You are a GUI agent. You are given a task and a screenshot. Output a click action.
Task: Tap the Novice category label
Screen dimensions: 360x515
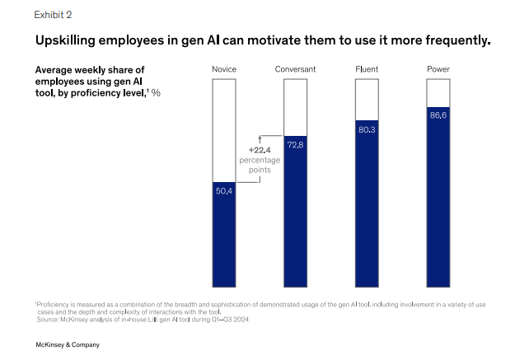click(x=225, y=68)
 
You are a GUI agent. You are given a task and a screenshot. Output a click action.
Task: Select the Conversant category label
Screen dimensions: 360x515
click(x=295, y=68)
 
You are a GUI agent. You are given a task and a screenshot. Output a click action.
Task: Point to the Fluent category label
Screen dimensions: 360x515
click(x=367, y=68)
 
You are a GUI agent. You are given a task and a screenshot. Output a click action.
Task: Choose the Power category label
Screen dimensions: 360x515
click(x=438, y=68)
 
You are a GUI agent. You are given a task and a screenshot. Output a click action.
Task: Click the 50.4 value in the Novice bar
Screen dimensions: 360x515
click(x=225, y=191)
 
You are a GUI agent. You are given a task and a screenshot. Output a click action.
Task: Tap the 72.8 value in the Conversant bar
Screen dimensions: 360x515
click(x=295, y=145)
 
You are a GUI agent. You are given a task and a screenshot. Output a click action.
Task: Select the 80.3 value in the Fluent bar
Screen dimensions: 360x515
click(x=367, y=129)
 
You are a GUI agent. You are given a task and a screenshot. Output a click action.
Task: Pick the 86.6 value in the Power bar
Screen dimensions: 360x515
click(x=438, y=115)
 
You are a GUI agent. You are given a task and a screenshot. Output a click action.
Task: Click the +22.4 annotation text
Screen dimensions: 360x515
click(x=260, y=149)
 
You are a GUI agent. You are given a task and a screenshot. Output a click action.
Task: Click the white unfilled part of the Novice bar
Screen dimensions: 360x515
click(x=225, y=128)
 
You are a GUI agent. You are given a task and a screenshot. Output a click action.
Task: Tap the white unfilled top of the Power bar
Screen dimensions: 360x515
click(x=438, y=92)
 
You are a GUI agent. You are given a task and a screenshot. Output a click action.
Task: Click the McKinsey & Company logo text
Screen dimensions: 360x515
click(x=67, y=344)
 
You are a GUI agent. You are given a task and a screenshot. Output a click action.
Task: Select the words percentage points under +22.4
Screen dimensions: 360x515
click(x=260, y=165)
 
